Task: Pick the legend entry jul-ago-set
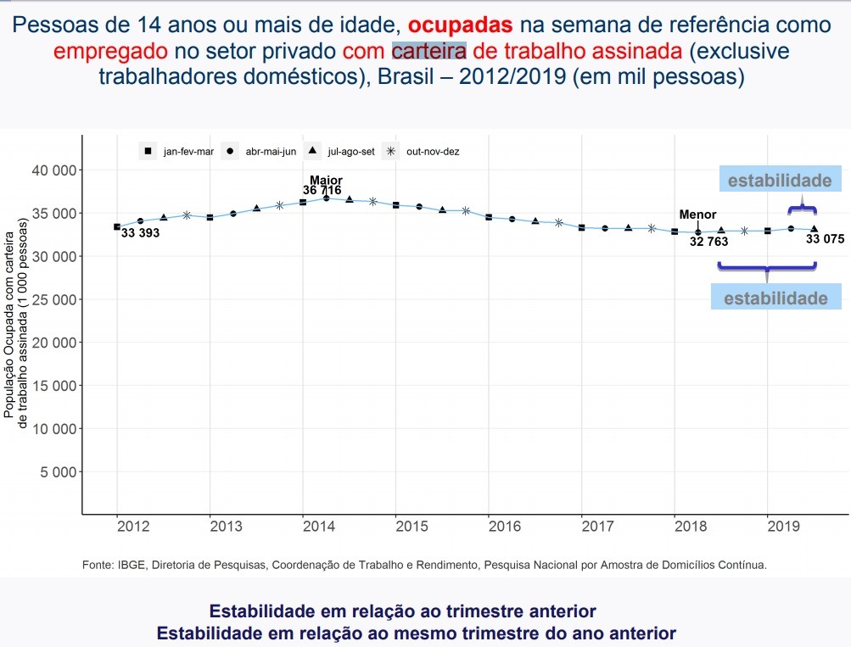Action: (343, 152)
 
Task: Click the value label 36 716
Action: (322, 191)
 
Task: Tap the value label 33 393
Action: (140, 233)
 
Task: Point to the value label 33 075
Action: (825, 239)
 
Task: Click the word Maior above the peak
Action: (326, 180)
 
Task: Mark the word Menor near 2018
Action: (697, 215)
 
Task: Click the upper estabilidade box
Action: (780, 180)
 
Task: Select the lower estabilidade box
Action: (775, 298)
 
